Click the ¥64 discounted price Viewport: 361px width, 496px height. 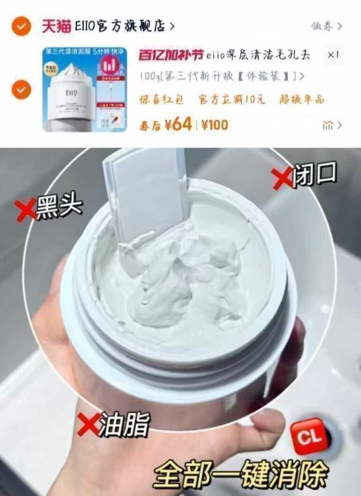point(180,124)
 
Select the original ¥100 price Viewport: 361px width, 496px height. point(215,125)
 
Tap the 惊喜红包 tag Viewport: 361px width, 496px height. point(163,99)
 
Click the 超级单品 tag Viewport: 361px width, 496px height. point(301,99)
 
